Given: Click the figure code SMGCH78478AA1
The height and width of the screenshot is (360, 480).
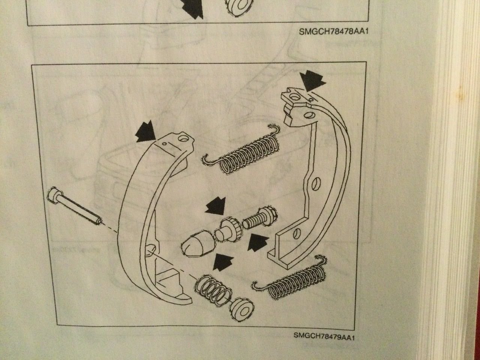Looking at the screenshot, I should coord(332,32).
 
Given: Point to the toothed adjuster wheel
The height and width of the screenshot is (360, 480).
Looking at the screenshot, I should coord(229,229).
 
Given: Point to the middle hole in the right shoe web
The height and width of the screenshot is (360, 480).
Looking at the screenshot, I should coord(316,183).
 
